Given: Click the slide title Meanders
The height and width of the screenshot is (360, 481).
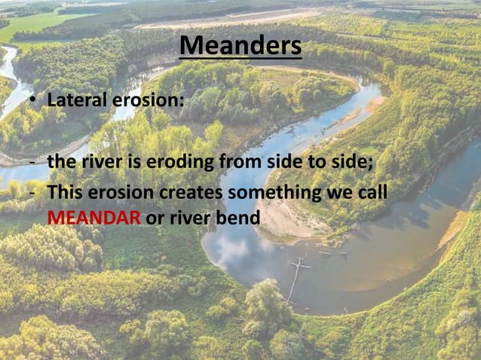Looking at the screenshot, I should coord(240,47).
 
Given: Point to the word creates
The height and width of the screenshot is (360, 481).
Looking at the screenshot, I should coord(188,194).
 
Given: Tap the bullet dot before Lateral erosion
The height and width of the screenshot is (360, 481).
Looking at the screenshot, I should coord(33,101).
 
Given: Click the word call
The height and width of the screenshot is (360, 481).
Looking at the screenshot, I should coord(372,194).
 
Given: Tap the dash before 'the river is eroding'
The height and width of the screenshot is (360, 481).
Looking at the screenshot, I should coord(33,163).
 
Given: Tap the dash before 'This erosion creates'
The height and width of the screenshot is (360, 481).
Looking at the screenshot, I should coord(33,194).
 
